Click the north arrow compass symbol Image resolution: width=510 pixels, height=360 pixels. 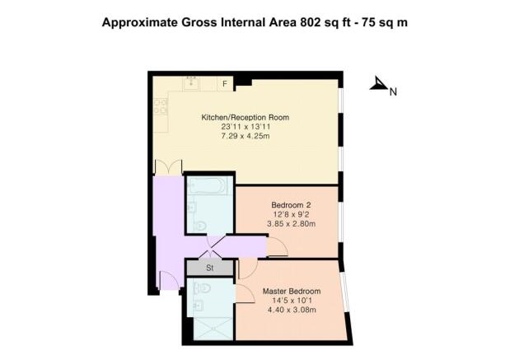[379, 83]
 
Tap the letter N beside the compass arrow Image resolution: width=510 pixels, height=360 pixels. [394, 92]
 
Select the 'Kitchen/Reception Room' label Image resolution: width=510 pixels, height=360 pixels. [245, 118]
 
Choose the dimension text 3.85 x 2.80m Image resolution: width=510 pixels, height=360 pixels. [292, 224]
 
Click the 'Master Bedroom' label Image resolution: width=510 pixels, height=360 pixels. [291, 292]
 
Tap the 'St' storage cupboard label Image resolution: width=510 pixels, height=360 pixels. [209, 268]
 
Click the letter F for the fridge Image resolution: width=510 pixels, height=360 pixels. [224, 83]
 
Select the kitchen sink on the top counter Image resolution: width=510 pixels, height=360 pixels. [192, 82]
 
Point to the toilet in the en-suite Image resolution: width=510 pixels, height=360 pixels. [204, 288]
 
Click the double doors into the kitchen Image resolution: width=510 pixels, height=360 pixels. [168, 166]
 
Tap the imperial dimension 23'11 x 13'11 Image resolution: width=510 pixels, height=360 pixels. [245, 127]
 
